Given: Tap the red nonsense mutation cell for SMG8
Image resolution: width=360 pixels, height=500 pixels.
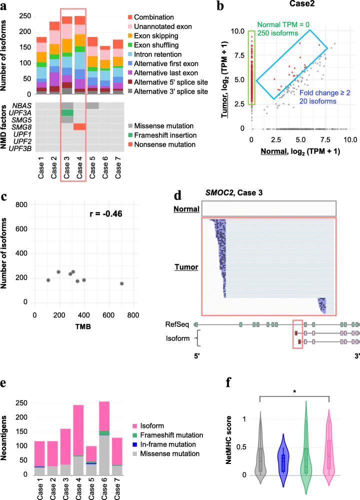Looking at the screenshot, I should (79, 126).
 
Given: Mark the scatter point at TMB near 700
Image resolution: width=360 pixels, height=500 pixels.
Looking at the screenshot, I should (121, 283).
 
